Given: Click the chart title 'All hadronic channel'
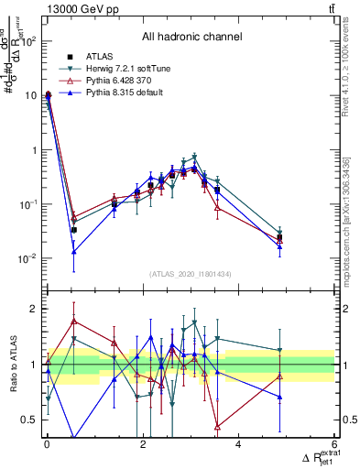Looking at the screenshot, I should pos(191,37).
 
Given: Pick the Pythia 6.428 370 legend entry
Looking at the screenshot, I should pos(119,81).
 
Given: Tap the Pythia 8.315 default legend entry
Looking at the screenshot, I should pos(122,93).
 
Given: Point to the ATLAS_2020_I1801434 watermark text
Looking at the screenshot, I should pos(191,275).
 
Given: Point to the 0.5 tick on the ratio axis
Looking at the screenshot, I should pos(29,420).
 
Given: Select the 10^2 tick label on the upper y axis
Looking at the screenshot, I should pos(27,41).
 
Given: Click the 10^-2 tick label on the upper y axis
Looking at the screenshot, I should pos(27,258).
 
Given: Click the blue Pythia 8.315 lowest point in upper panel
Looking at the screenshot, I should pos(73,251).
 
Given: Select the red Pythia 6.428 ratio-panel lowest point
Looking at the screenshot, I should pos(217,426).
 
